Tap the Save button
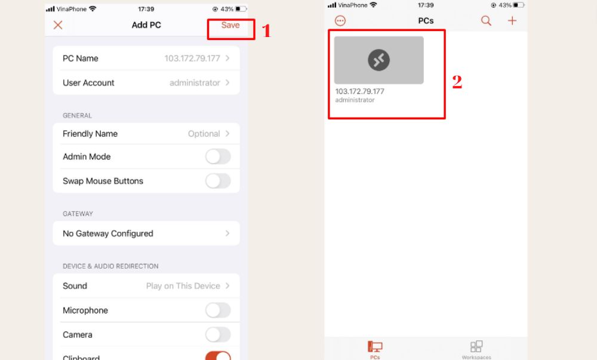(230, 25)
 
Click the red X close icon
(58, 25)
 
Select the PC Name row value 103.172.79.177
(192, 59)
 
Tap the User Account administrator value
(195, 82)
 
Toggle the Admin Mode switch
(218, 156)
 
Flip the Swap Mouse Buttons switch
(218, 181)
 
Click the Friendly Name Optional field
(204, 134)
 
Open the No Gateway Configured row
(146, 233)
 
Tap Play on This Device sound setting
(183, 286)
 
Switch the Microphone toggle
(218, 310)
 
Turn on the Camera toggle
(218, 334)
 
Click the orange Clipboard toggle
(218, 356)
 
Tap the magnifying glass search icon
(486, 20)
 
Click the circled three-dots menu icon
(340, 20)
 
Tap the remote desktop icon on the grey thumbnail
(379, 60)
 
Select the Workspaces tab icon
(476, 346)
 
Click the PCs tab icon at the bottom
(375, 347)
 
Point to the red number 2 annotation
(457, 82)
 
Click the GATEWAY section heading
(78, 214)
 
